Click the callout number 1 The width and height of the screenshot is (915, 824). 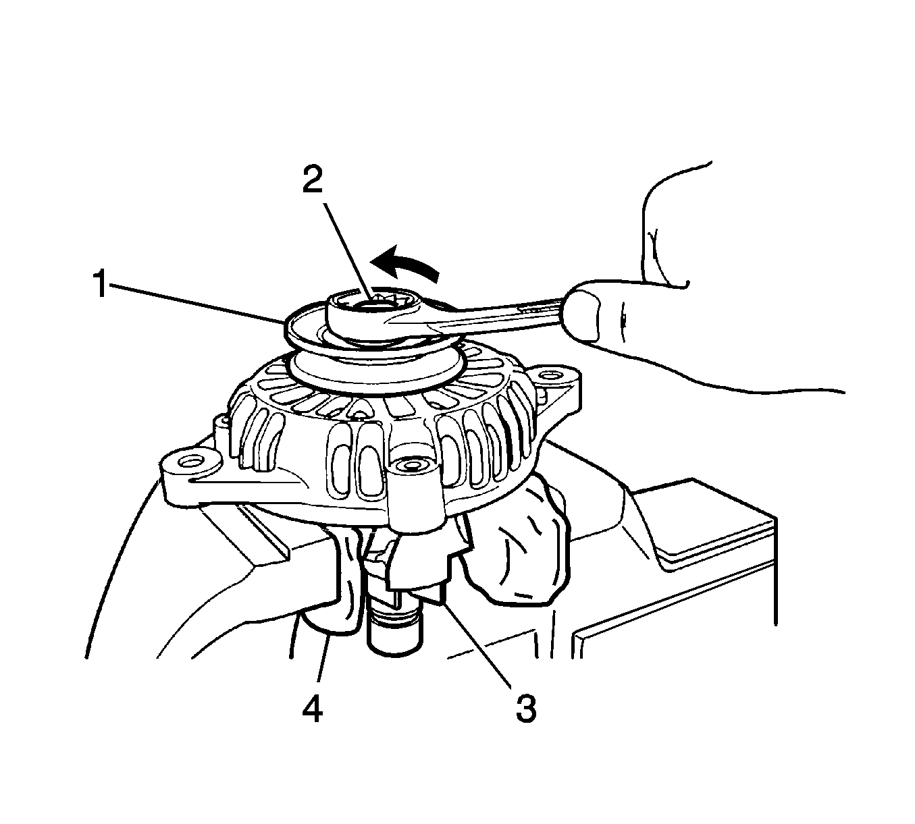[x=100, y=283]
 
